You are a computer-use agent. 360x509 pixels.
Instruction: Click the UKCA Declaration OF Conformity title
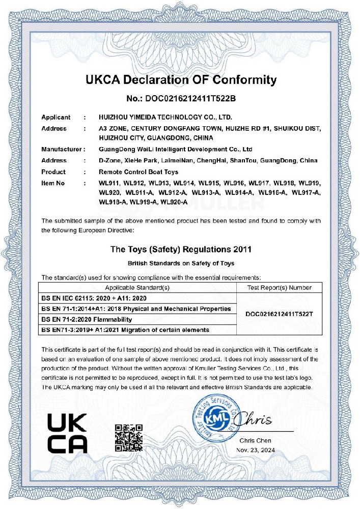(181, 80)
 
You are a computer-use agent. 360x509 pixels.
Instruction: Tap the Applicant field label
(56, 117)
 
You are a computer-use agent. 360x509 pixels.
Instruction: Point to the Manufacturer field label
(61, 150)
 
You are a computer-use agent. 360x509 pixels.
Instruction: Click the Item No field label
(53, 182)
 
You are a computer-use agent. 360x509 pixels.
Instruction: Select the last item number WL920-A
(175, 202)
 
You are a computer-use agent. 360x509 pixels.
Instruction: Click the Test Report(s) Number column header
(279, 288)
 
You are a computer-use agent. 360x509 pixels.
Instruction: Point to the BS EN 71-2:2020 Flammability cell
(86, 319)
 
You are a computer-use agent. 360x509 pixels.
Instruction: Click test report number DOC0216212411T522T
(279, 314)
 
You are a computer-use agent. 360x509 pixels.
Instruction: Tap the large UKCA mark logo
(67, 433)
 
